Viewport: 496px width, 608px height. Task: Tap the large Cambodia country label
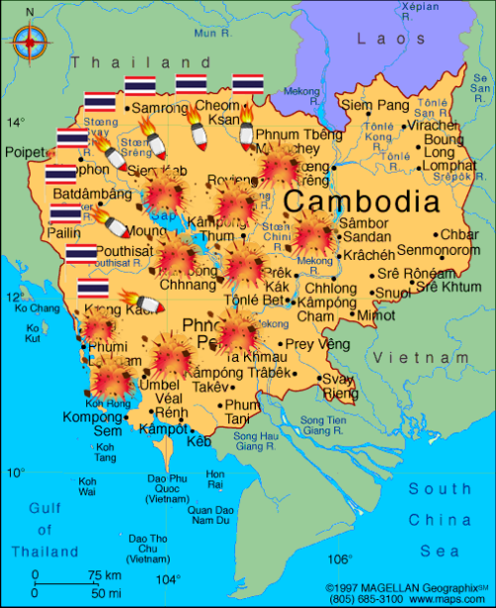coord(361,202)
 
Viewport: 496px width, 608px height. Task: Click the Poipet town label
coord(26,152)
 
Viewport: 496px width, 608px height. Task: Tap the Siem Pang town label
coord(375,104)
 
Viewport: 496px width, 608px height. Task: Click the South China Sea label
coord(439,519)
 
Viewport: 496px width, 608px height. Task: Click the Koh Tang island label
coord(104,452)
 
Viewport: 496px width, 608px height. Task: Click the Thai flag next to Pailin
coord(65,214)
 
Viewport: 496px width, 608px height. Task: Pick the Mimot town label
coord(375,314)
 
